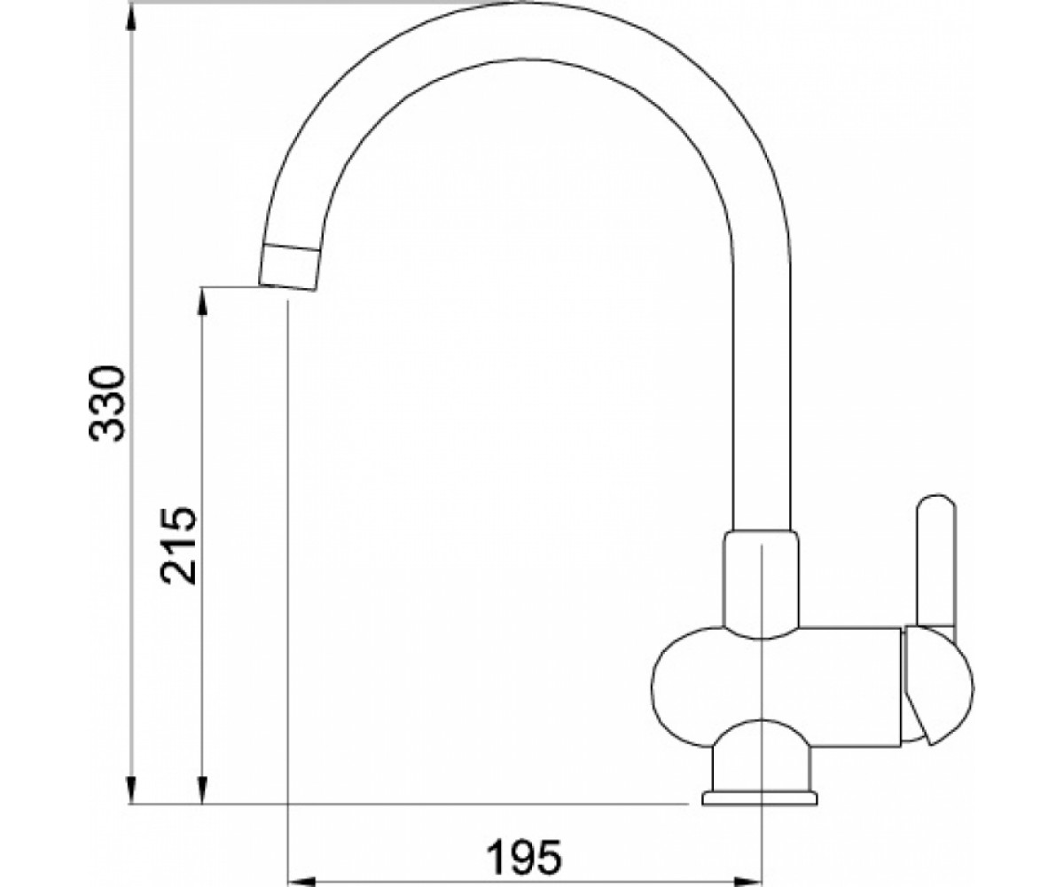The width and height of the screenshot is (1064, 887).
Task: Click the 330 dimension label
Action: point(106,403)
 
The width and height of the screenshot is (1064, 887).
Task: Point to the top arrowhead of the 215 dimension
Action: point(203,304)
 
